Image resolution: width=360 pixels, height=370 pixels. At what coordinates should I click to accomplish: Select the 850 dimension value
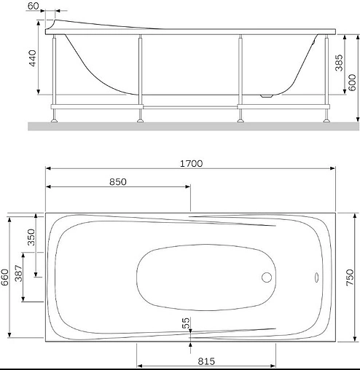118,181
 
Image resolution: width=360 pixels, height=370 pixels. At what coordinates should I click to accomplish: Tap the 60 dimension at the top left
33,6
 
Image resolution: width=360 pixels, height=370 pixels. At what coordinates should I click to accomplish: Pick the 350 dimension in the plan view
30,240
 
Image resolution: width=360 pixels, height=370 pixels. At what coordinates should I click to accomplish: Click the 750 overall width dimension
350,277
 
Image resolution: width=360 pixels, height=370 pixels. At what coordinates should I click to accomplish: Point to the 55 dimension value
186,320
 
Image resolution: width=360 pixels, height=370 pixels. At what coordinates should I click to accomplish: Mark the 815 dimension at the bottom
206,360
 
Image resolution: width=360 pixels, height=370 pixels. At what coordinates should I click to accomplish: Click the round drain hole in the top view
267,277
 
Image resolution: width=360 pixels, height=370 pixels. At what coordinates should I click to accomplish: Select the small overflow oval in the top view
317,277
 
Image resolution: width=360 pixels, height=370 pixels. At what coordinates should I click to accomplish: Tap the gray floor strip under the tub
189,126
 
